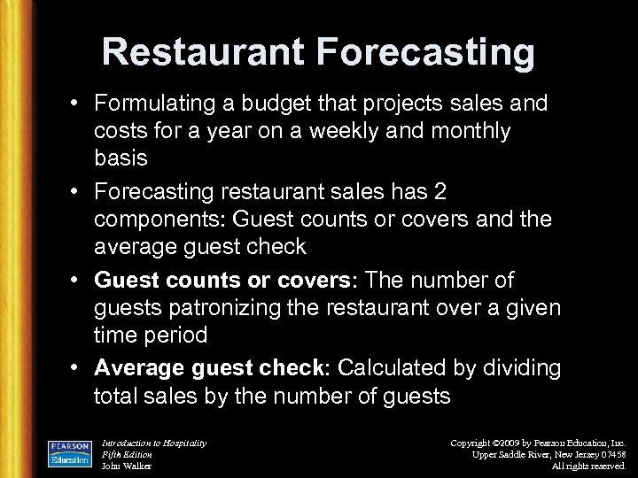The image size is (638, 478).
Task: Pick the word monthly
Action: tap(474, 130)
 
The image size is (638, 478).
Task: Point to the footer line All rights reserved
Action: tap(589, 465)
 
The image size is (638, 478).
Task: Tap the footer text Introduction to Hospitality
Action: tap(154, 442)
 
